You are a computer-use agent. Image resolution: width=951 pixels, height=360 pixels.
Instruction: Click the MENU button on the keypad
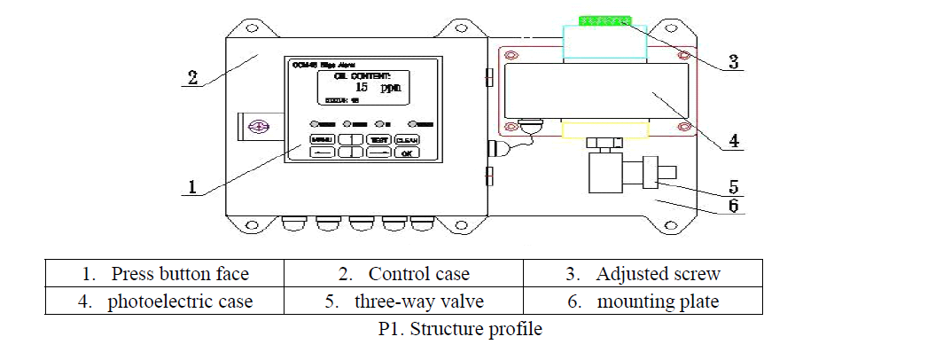[x=323, y=140]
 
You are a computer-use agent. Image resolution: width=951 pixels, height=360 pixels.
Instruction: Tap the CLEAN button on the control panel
[x=406, y=140]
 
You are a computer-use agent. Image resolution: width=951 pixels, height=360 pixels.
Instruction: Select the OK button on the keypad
[x=406, y=153]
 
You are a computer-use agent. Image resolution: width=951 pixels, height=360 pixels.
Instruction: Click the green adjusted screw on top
[x=604, y=20]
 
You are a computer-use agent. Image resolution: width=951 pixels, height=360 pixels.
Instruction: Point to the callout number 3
[x=733, y=62]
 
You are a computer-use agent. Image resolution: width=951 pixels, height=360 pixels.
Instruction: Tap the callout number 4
[x=734, y=139]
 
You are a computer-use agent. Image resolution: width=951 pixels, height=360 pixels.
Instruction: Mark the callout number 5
[x=734, y=187]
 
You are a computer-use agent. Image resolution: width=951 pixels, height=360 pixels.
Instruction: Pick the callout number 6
[x=734, y=207]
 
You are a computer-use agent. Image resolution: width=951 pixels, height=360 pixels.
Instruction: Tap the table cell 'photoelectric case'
[x=165, y=301]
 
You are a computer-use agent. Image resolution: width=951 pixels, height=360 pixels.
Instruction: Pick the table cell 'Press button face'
[x=165, y=273]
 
